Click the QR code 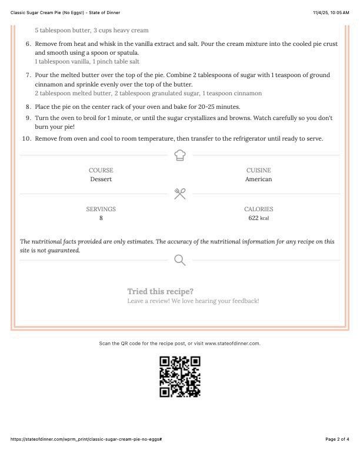[x=180, y=377]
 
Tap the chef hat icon [x=180, y=155]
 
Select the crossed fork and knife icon [x=180, y=194]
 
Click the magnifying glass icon [x=180, y=259]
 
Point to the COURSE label [x=101, y=170]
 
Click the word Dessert [x=101, y=179]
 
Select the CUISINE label [x=258, y=170]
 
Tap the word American [x=258, y=179]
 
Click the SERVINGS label [x=101, y=209]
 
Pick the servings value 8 [x=101, y=218]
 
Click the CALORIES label [x=258, y=209]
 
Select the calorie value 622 [x=254, y=218]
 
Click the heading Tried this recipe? [x=160, y=291]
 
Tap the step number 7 [x=28, y=75]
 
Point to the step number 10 [x=26, y=138]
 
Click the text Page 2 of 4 [x=337, y=439]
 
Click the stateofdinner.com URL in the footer [x=86, y=439]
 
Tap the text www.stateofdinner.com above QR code [x=232, y=343]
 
